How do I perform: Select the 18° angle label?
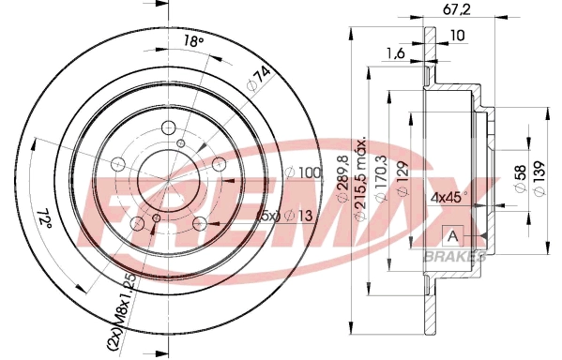pyautogui.click(x=192, y=40)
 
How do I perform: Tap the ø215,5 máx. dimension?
pyautogui.click(x=362, y=184)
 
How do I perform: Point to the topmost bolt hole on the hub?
pyautogui.click(x=168, y=129)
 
